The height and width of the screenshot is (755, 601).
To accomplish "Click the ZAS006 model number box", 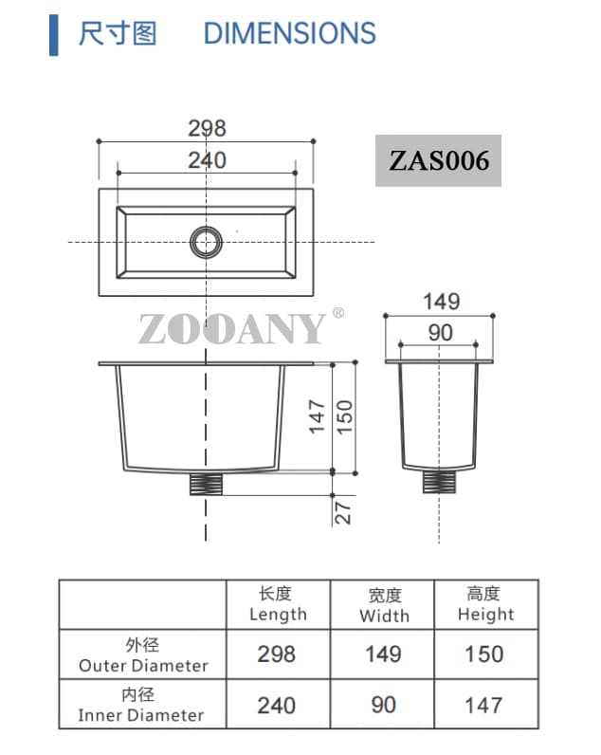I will coord(438,160).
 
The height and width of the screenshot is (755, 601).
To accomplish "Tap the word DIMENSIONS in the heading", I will coord(289,34).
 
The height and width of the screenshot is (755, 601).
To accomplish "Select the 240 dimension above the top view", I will coord(207,159).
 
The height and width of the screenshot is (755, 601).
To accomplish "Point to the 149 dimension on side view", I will coord(441,302).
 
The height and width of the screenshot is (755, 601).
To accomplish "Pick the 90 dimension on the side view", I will coord(440,333).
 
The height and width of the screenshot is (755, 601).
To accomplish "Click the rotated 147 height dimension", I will coord(318,416).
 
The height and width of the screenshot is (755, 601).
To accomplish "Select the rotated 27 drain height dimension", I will coord(344,512).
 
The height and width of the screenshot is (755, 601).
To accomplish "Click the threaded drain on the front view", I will coord(206,484).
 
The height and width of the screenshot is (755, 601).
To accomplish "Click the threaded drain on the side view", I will coord(439,482).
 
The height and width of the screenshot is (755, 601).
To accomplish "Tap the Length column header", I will coord(278,604).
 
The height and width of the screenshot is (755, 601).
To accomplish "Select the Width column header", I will coord(383,605).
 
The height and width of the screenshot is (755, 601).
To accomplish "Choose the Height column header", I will coord(484,604).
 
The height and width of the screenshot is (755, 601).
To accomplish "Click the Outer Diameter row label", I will coord(143,655).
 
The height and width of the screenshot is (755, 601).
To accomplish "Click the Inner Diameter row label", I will coord(141,705).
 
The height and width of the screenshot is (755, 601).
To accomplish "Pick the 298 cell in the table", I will coord(277,654).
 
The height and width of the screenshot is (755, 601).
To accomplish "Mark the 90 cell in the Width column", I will coord(383,705).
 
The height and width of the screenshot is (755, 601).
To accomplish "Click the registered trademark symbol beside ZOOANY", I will coord(338,313).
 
